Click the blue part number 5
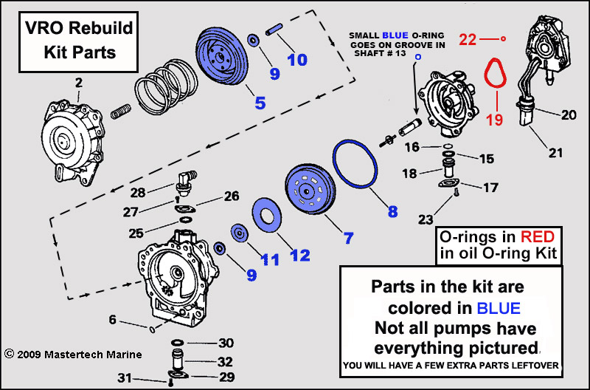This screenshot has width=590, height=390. tap(260, 103)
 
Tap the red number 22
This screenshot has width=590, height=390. tap(468, 40)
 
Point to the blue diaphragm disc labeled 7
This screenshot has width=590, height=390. tap(310, 188)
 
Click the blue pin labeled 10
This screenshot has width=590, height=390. tap(274, 30)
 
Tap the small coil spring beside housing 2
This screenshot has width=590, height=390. tap(121, 111)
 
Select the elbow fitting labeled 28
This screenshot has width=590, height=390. tap(186, 182)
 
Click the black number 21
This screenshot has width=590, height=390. tap(555, 153)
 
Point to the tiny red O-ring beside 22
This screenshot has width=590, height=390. tap(503, 38)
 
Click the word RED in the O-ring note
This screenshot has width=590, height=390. tap(538, 236)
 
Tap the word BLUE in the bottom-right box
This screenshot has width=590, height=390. tap(499, 308)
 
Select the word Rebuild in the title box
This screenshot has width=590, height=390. tap(100, 28)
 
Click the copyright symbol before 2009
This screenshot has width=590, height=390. tap(9, 354)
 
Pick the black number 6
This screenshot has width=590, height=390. tap(113, 320)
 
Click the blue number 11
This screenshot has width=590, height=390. tap(270, 259)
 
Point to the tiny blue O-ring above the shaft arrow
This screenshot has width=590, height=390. tap(417, 57)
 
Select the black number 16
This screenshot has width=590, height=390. tap(412, 146)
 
